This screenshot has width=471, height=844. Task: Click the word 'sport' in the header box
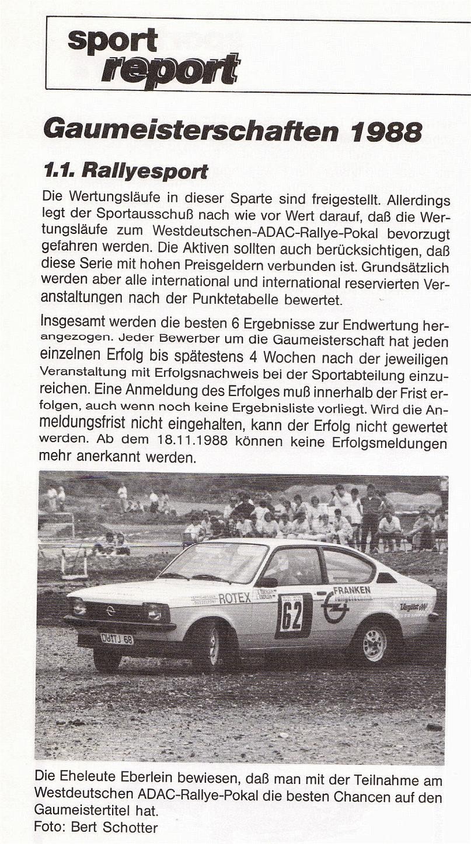pos(113,40)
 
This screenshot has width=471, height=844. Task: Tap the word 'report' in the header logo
pos(170,70)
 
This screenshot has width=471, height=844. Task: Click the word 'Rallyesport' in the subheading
pos(145,171)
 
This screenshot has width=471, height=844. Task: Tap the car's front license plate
pos(117,638)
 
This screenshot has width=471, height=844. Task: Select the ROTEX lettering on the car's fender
pos(235,598)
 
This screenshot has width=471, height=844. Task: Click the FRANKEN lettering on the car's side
pos(351,590)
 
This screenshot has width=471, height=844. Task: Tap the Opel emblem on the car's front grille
pos(110,610)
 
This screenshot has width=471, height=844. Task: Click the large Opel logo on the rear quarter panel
pos(336,607)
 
